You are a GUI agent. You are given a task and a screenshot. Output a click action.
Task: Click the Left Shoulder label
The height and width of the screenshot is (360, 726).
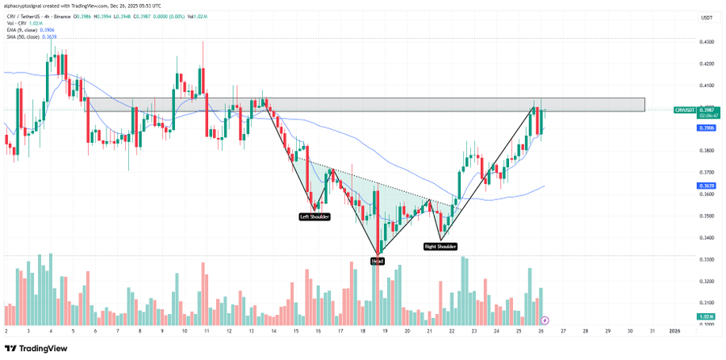315,216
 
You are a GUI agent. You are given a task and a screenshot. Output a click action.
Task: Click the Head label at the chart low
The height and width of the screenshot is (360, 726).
378,260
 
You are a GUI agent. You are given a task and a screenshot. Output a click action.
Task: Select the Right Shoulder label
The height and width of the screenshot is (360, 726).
441,246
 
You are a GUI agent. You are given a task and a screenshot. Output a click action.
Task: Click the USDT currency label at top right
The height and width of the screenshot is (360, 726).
706,18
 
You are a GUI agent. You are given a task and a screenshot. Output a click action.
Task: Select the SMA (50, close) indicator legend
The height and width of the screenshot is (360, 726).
25,37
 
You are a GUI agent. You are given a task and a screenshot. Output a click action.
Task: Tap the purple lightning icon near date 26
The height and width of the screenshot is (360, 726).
544,320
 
